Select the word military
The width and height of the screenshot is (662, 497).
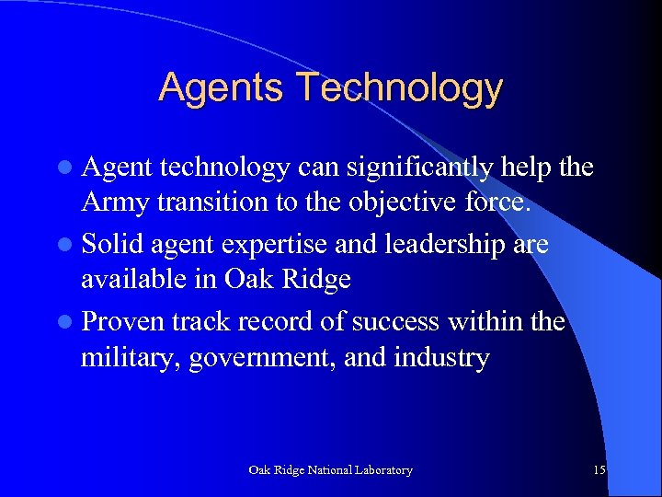pos(131,357)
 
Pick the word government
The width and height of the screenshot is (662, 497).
pos(263,357)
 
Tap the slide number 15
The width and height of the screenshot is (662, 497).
pos(599,470)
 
